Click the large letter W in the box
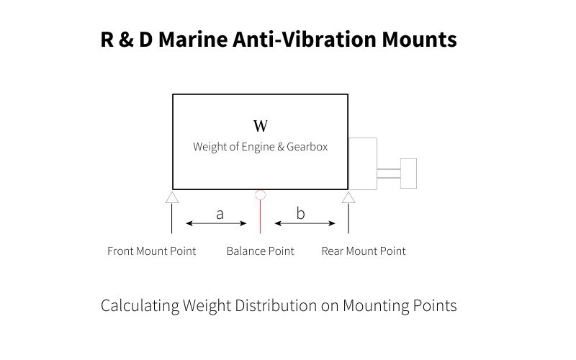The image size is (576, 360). pyautogui.click(x=261, y=127)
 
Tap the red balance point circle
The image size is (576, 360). pyautogui.click(x=260, y=194)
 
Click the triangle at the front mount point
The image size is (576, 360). pyautogui.click(x=172, y=197)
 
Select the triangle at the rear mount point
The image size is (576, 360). pyautogui.click(x=348, y=197)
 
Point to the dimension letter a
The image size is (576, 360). pyautogui.click(x=220, y=213)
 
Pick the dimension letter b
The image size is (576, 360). pyautogui.click(x=301, y=213)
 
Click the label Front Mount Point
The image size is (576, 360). pyautogui.click(x=151, y=251)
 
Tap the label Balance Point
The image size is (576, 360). pyautogui.click(x=260, y=251)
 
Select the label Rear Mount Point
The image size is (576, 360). pyautogui.click(x=363, y=251)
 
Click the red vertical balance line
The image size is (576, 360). pyautogui.click(x=260, y=216)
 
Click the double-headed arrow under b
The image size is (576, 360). pyautogui.click(x=305, y=224)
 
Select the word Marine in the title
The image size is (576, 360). pyautogui.click(x=189, y=40)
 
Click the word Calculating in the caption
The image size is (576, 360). pyautogui.click(x=140, y=306)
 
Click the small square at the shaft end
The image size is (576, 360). pyautogui.click(x=408, y=174)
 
